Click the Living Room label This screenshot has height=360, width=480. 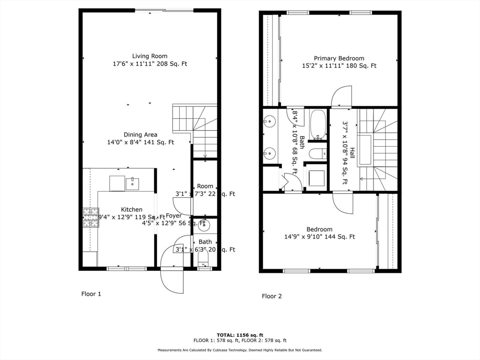click(x=150, y=56)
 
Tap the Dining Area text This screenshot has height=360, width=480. click(x=140, y=135)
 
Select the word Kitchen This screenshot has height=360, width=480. click(x=132, y=210)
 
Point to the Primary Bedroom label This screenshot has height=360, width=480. click(x=339, y=59)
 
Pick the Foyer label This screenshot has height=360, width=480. click(x=173, y=216)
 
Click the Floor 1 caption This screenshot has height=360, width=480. click(x=91, y=294)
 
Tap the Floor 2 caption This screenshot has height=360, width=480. click(x=272, y=296)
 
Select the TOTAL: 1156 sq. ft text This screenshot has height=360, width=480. click(x=240, y=335)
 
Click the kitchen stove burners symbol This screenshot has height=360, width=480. click(x=91, y=217)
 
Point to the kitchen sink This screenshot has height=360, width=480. click(x=132, y=183)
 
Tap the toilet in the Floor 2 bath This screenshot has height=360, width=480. click(x=318, y=153)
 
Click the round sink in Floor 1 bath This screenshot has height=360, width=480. click(x=204, y=225)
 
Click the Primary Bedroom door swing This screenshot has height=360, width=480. click(x=341, y=97)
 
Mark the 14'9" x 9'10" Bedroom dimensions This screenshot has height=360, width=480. click(x=319, y=237)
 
